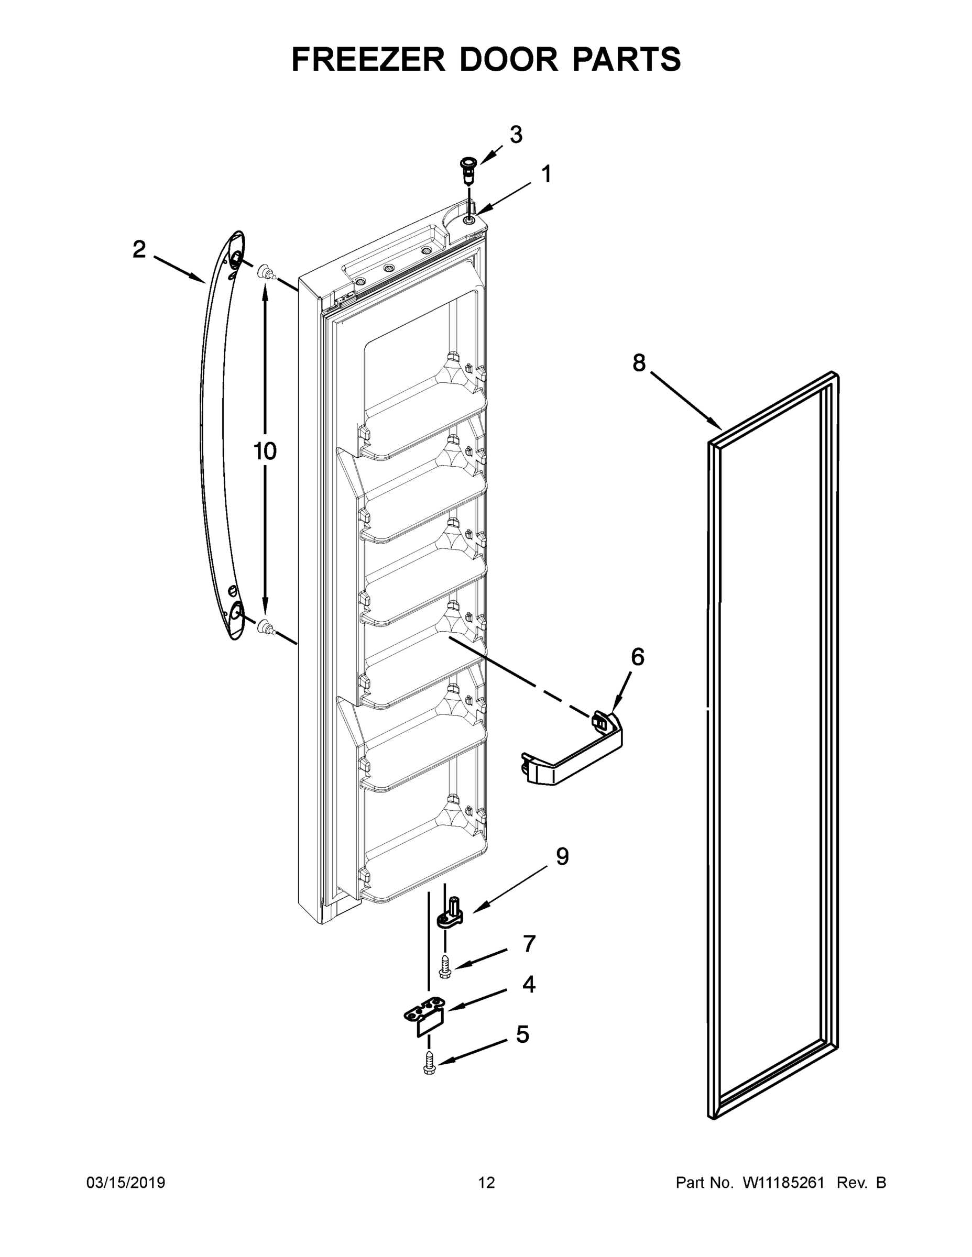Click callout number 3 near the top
516,135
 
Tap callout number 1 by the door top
546,174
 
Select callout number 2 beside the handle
139,250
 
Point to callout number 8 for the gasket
639,362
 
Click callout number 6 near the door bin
638,657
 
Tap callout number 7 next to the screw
529,943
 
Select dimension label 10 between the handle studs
265,451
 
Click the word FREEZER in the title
368,59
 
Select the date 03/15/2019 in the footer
126,1183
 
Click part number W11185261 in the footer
780,1183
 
